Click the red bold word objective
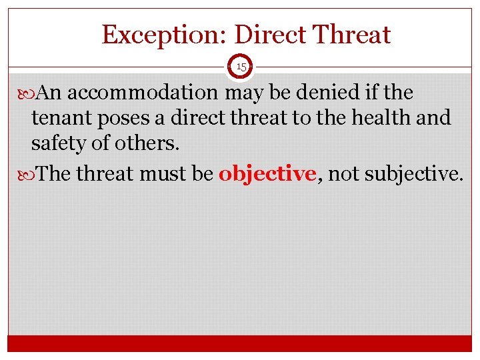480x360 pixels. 267,174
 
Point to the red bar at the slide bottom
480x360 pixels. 240,343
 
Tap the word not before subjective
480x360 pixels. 343,174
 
